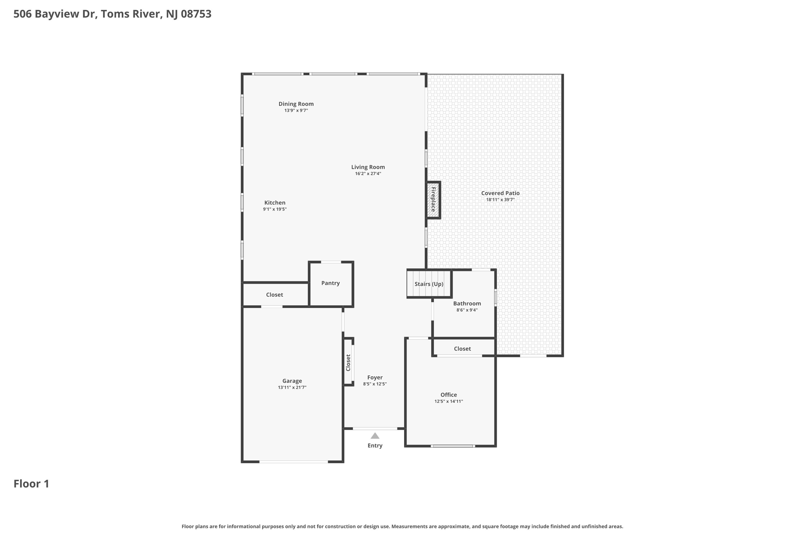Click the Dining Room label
coord(296,104)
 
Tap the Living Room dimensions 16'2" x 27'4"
coord(368,173)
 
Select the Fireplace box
coord(433,200)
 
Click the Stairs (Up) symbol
coord(429,284)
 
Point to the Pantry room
coord(331,283)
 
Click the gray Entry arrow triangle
coord(375,436)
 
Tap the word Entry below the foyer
coord(375,445)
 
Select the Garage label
coord(292,381)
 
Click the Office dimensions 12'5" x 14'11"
coord(448,401)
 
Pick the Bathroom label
coord(467,303)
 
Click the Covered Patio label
coord(500,193)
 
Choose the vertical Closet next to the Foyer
coord(348,362)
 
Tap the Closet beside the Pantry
coord(274,295)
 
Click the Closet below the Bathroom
coord(462,349)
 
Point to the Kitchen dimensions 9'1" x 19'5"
coord(275,209)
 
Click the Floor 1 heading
coord(31,483)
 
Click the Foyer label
coord(375,377)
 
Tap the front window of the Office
coord(452,446)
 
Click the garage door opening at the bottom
coord(294,461)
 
